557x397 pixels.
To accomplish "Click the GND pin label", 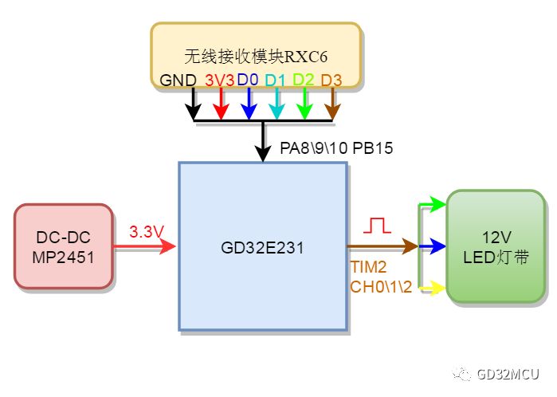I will [x=176, y=81].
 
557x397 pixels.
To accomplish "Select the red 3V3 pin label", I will [x=219, y=81].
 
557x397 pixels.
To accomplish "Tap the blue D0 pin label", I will [x=248, y=81].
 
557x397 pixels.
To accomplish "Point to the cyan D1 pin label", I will [x=275, y=81].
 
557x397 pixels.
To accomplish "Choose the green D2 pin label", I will [x=303, y=81].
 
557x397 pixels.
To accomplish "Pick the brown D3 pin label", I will [x=331, y=81].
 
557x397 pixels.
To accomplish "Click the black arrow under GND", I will [x=193, y=104].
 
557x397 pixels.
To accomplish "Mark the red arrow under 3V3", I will [x=221, y=104].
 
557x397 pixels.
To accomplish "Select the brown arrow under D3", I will [x=331, y=104].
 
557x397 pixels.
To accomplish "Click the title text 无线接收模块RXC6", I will [x=256, y=57].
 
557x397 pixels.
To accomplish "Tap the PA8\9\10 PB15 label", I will [x=336, y=148].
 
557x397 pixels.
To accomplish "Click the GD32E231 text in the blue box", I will [x=262, y=247].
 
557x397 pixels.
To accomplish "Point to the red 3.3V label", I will [x=147, y=232].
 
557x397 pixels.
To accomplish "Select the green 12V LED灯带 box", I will [x=494, y=247].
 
